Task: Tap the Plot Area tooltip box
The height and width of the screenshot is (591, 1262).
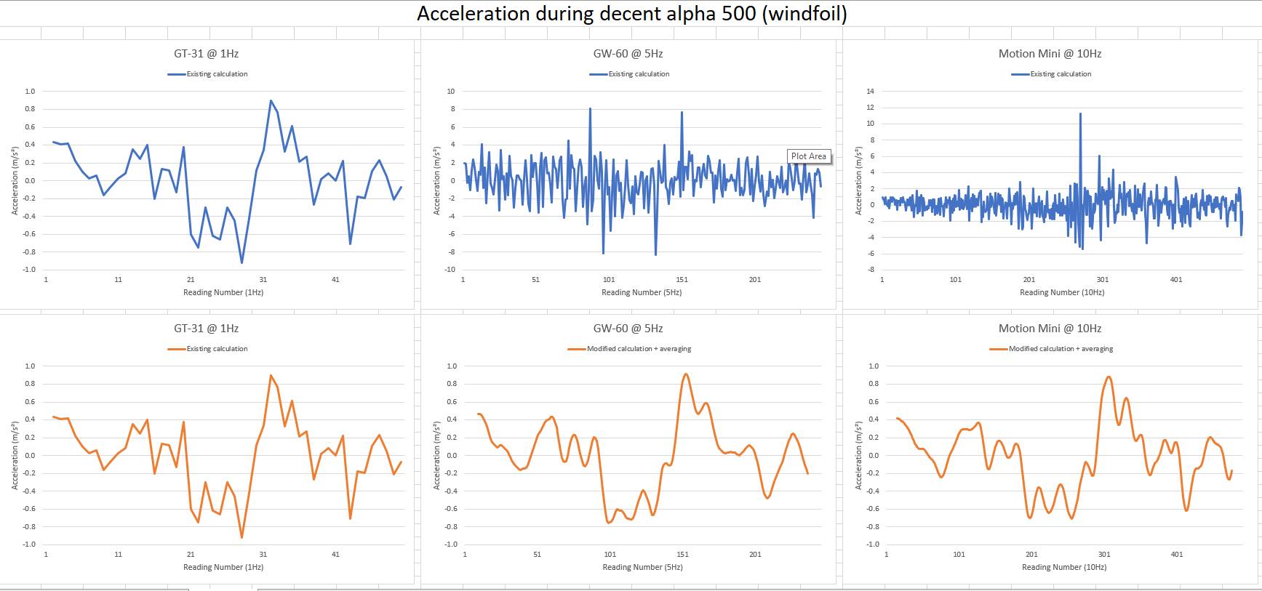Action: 808,156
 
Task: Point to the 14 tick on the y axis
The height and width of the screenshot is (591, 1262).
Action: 870,92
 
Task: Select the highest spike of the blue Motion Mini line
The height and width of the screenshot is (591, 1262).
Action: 1080,113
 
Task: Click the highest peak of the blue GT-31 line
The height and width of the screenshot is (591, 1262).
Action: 271,101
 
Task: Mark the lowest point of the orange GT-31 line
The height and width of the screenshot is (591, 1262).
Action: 241,537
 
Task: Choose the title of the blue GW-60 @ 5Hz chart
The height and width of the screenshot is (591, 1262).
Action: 628,54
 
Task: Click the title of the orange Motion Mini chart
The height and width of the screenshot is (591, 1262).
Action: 1049,329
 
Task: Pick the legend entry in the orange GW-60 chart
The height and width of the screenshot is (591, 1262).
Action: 630,349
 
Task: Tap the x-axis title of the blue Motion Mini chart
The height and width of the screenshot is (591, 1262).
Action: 1061,292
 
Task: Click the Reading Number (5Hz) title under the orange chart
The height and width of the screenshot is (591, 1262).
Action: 642,567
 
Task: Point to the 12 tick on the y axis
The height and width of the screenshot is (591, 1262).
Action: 870,108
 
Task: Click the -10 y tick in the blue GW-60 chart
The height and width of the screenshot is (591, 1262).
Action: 450,270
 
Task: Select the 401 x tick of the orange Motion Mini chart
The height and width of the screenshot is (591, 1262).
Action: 1176,555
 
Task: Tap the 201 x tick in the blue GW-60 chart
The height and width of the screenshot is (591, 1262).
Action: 754,280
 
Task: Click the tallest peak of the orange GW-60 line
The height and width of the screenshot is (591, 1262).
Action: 685,374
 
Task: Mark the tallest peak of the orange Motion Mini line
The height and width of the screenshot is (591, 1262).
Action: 1108,377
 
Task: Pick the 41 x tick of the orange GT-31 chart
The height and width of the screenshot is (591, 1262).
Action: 335,555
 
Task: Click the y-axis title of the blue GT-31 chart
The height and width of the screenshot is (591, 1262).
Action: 15,181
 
